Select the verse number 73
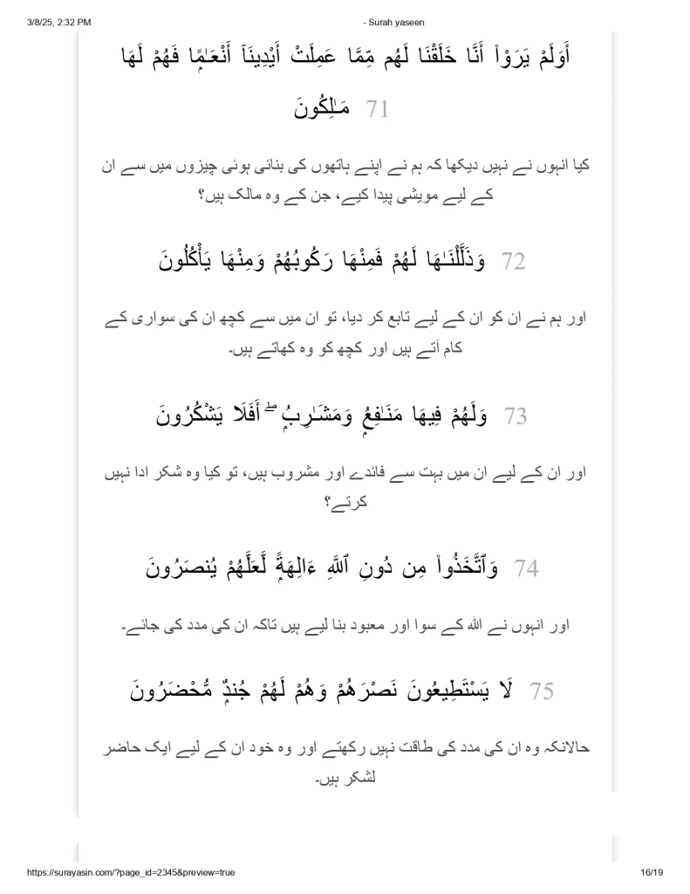coord(515,416)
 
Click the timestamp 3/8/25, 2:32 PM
coord(53,8)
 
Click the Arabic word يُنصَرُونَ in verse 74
coord(195,569)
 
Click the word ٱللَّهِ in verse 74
coord(359,569)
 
